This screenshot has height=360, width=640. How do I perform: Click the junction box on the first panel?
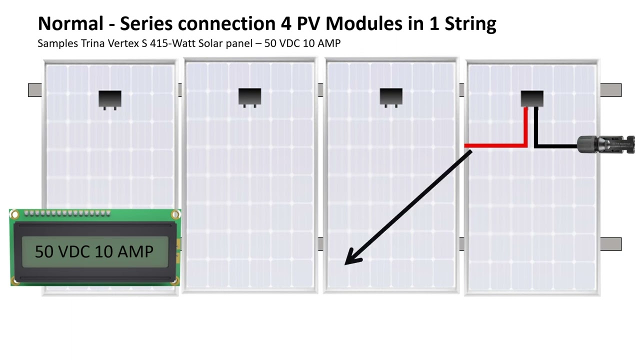110,99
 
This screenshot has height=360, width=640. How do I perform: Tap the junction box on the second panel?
250,97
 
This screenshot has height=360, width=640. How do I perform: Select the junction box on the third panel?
391,97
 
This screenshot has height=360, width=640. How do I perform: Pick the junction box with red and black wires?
532,98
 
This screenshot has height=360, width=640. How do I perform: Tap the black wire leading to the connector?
555,146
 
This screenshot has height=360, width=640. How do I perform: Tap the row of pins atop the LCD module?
67,214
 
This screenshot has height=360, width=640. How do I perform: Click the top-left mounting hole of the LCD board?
14,215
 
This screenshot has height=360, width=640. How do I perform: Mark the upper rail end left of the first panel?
35,90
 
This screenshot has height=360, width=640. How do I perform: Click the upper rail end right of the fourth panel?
610,90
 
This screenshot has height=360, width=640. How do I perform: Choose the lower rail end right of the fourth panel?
610,244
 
